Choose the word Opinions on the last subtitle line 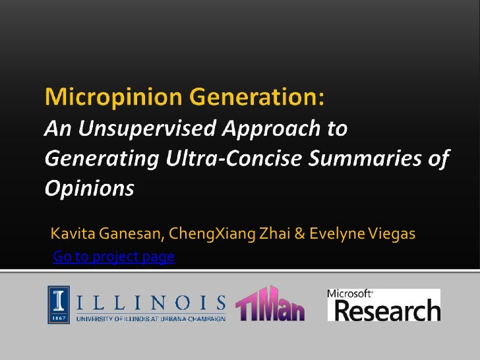pyautogui.click(x=89, y=189)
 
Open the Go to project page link pyautogui.click(x=113, y=256)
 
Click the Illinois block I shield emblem pyautogui.click(x=58, y=305)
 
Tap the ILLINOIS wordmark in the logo pyautogui.click(x=151, y=303)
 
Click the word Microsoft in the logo pyautogui.click(x=350, y=293)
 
